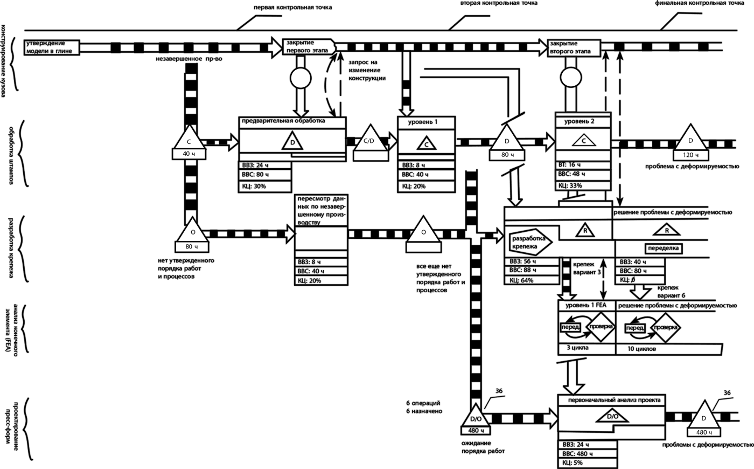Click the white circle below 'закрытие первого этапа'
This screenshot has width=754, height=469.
(301, 79)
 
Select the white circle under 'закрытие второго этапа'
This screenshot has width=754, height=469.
(570, 79)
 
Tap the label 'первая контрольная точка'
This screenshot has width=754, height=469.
(293, 8)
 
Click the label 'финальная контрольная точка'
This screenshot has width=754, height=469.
(699, 4)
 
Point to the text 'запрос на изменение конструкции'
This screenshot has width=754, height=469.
(367, 71)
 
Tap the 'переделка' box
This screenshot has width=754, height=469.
(664, 249)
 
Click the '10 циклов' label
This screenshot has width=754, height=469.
(641, 349)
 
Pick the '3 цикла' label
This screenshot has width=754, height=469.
(577, 348)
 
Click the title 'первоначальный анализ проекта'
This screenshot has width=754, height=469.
(611, 400)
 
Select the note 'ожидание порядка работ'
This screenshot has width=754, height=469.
(483, 447)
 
